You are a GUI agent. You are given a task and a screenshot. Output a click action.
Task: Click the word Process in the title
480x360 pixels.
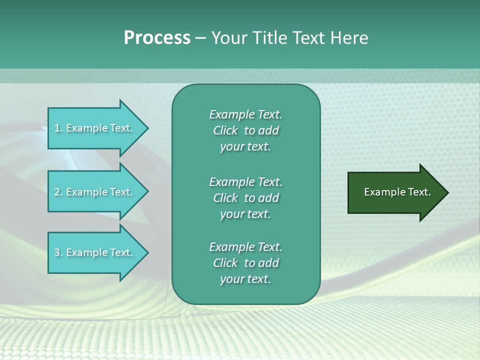157,38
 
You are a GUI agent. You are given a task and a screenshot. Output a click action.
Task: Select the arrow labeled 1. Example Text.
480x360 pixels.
95,128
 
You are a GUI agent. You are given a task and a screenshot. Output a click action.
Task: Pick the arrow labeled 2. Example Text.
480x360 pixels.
95,192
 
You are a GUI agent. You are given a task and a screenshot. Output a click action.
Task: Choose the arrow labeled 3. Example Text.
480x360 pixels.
95,252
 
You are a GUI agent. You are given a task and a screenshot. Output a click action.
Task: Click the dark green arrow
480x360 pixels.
395,192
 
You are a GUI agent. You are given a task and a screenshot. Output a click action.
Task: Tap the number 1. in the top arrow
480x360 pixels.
58,128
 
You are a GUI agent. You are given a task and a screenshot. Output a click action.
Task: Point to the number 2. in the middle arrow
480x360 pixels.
58,192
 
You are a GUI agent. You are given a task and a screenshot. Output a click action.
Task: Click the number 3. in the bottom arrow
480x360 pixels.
58,252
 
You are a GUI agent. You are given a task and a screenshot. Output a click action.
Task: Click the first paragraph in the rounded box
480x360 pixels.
245,130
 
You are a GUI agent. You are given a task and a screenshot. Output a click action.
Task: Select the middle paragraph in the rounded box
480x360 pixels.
245,198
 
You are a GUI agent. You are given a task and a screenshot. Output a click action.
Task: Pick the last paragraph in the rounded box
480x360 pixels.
245,263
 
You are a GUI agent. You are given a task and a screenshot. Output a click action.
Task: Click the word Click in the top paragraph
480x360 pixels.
225,130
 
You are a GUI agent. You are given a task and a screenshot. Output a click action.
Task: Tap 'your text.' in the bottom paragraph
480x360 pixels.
245,279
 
